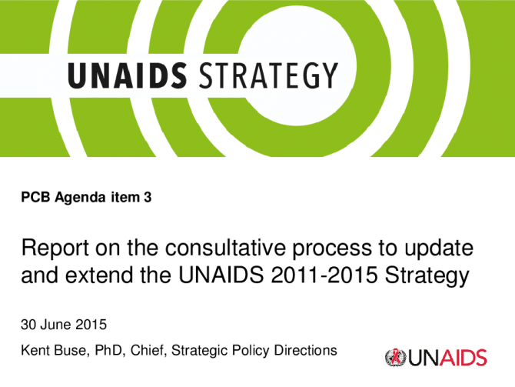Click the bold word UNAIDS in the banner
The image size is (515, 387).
(x=128, y=75)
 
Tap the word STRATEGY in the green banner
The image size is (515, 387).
(x=269, y=75)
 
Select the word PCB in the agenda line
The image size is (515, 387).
(x=35, y=197)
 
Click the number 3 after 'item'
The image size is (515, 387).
(x=148, y=197)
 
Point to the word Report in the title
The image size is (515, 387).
(x=55, y=249)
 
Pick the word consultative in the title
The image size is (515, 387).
(x=225, y=248)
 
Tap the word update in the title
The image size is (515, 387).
(x=439, y=249)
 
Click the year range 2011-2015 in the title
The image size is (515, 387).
(x=324, y=275)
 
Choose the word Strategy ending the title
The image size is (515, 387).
(x=427, y=276)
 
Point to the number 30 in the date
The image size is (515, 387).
(x=28, y=325)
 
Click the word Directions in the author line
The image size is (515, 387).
(x=305, y=351)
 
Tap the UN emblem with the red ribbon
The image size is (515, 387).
(x=395, y=358)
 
